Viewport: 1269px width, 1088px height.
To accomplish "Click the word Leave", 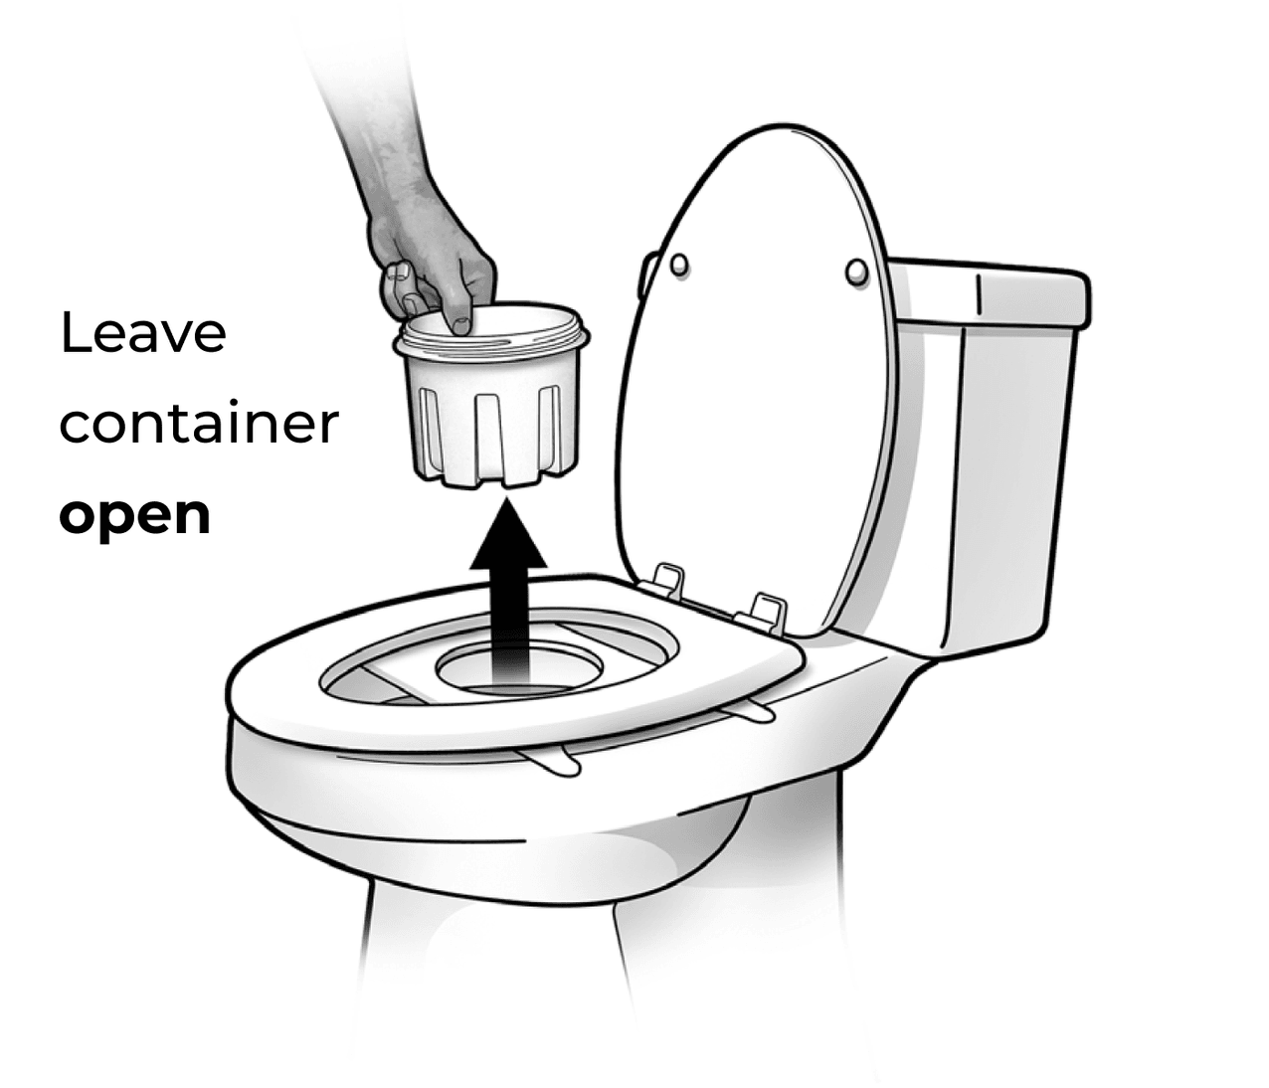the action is (x=143, y=332).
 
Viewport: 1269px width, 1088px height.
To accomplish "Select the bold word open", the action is (x=135, y=517).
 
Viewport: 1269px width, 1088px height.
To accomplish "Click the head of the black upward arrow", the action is (x=508, y=535).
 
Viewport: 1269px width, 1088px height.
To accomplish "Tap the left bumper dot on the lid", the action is (x=679, y=266).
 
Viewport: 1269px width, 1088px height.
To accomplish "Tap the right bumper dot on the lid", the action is (x=856, y=272).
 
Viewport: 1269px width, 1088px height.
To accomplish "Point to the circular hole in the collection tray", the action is (x=519, y=670).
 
